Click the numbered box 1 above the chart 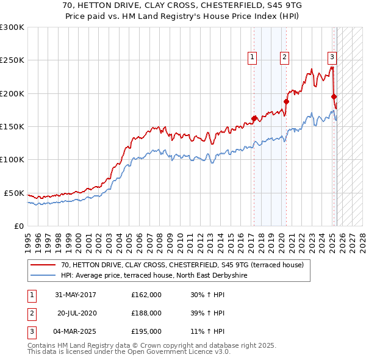pyautogui.click(x=252, y=57)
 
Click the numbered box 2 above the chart pyautogui.click(x=284, y=57)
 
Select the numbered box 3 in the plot pyautogui.click(x=332, y=57)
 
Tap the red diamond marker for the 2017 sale pyautogui.click(x=254, y=118)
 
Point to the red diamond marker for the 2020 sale pyautogui.click(x=286, y=101)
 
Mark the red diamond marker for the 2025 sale pyautogui.click(x=334, y=96)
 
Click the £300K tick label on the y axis pyautogui.click(x=12, y=27)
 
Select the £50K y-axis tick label pyautogui.click(x=14, y=193)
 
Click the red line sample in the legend pyautogui.click(x=42, y=265)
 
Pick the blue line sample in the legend pyautogui.click(x=42, y=275)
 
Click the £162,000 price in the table pyautogui.click(x=146, y=295)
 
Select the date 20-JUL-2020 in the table pyautogui.click(x=77, y=313)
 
